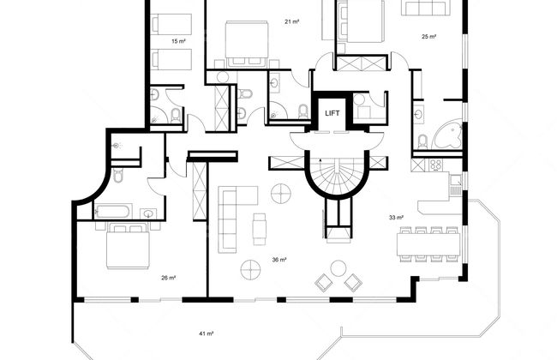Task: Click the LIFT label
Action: [332, 113]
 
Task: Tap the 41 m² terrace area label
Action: [206, 333]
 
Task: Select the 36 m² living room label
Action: [279, 260]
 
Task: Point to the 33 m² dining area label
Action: [396, 217]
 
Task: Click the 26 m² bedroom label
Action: [168, 278]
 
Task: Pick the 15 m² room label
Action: [179, 41]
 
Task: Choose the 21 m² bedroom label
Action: [291, 21]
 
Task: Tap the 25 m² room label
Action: [428, 36]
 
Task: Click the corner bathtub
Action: [447, 135]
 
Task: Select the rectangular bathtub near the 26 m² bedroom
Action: [113, 212]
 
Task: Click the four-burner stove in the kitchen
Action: [435, 165]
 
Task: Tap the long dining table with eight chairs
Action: [428, 244]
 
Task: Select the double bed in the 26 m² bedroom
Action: [129, 245]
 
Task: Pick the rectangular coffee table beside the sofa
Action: [260, 229]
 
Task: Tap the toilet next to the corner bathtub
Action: [422, 142]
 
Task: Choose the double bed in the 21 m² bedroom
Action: [247, 44]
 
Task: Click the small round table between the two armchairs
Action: [338, 268]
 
